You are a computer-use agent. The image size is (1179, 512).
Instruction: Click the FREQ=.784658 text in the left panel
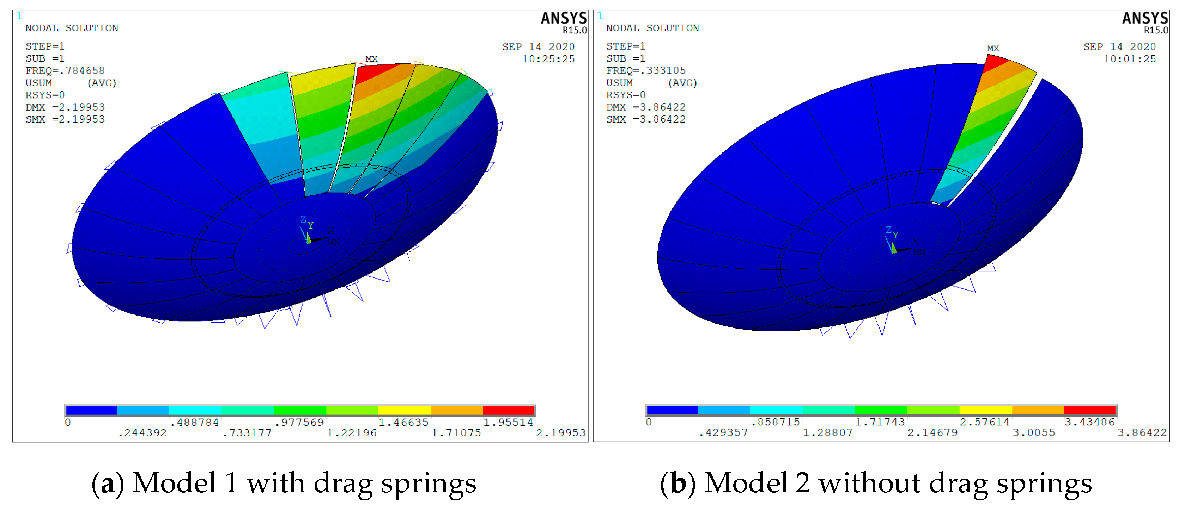pyautogui.click(x=65, y=70)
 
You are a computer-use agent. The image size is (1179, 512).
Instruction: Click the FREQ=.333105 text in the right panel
pyautogui.click(x=646, y=70)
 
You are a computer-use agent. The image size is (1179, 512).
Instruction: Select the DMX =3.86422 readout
pyautogui.click(x=646, y=107)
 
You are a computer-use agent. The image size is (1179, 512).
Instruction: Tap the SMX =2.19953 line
pyautogui.click(x=65, y=119)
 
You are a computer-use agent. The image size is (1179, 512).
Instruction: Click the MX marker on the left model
pyautogui.click(x=371, y=59)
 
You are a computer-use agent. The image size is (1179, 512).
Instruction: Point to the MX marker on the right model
pyautogui.click(x=993, y=49)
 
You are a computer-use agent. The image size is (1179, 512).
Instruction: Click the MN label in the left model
pyautogui.click(x=334, y=242)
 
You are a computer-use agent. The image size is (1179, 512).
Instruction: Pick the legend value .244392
pyautogui.click(x=142, y=433)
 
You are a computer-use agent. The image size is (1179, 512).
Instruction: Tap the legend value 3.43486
pyautogui.click(x=1089, y=422)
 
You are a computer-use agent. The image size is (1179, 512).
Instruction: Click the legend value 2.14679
pyautogui.click(x=932, y=432)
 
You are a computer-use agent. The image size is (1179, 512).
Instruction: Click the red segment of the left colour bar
pyautogui.click(x=509, y=411)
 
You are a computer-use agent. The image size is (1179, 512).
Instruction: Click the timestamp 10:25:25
pyautogui.click(x=548, y=59)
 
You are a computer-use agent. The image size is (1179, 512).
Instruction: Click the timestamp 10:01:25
pyautogui.click(x=1129, y=59)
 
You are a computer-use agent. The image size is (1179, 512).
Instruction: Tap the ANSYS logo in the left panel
pyautogui.click(x=564, y=18)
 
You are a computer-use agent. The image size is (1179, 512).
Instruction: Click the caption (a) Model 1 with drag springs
pyautogui.click(x=284, y=483)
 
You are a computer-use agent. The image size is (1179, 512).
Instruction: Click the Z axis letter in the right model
pyautogui.click(x=888, y=230)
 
